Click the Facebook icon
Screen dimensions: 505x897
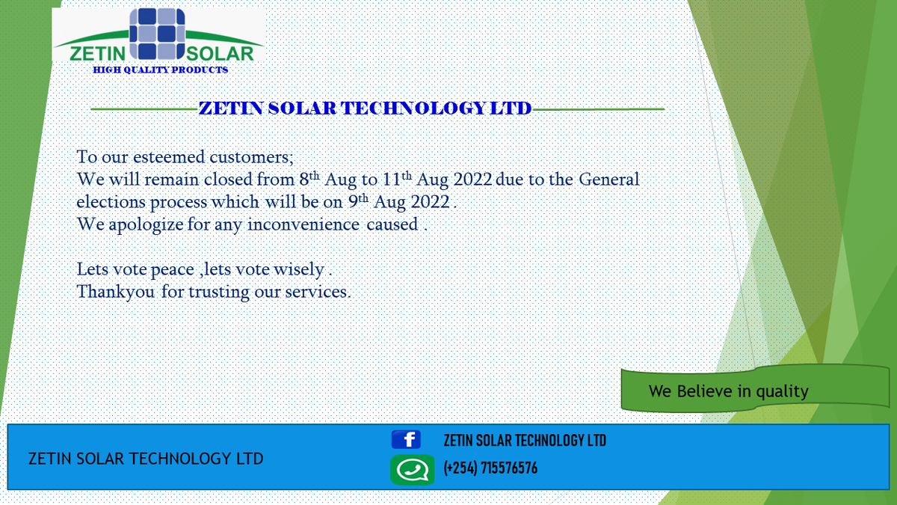406,440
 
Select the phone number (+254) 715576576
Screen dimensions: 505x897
490,469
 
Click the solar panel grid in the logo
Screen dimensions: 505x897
158,34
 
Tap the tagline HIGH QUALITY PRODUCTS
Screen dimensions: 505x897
160,70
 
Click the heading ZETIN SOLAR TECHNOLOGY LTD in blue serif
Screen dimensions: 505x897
365,108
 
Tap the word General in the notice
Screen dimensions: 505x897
610,180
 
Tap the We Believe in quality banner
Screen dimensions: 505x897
729,391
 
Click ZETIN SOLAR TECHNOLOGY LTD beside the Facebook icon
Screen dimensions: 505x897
525,441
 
